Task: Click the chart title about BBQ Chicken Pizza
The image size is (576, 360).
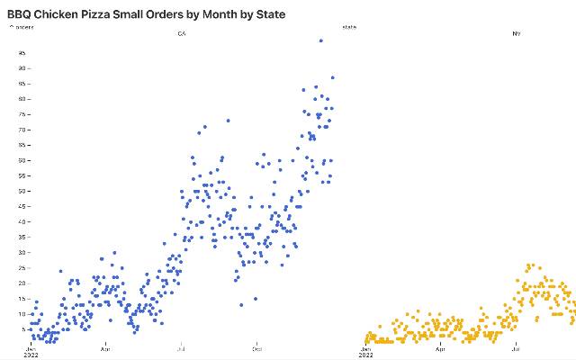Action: tap(147, 14)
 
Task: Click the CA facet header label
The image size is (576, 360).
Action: tap(182, 34)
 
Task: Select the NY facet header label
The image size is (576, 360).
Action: tap(517, 34)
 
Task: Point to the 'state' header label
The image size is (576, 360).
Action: tap(349, 27)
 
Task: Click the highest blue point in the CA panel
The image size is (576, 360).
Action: tap(321, 40)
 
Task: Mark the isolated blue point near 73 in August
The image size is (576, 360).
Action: tap(228, 120)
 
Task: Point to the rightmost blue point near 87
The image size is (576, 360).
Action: tap(332, 77)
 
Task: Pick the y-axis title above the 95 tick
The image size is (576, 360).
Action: tap(22, 27)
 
